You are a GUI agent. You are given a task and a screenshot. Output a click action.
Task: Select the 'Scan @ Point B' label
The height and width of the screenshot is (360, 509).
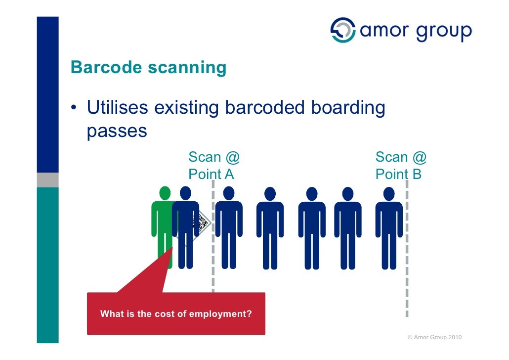pos(400,166)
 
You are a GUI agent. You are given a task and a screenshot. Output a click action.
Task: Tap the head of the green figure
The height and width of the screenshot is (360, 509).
pos(165,193)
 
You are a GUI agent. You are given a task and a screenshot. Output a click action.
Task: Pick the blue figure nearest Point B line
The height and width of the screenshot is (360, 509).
pos(389,227)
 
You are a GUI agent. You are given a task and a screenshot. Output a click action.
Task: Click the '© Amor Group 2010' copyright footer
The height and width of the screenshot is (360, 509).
pos(434,337)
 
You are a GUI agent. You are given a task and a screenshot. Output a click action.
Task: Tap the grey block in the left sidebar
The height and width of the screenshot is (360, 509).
pos(47,180)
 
